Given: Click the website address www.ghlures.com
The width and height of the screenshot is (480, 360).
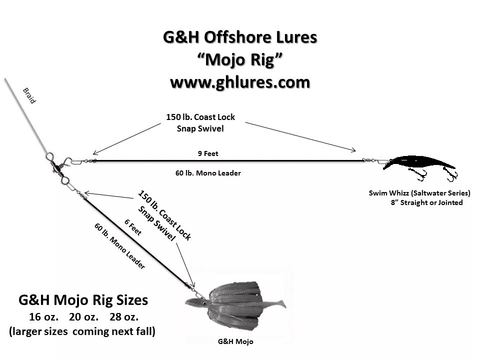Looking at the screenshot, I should coord(240,81).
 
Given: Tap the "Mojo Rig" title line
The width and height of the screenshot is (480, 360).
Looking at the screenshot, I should coord(240,59).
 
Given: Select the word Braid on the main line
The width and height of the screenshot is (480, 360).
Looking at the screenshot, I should coord(29,95).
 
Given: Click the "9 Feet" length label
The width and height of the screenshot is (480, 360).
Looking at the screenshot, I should coord(208,153).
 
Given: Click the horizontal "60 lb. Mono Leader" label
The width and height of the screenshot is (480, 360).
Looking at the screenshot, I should coord(208,173).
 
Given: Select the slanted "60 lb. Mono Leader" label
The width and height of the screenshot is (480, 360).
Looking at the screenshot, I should coord(119,246).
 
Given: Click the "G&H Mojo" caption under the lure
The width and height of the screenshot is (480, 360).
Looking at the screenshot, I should coord(236,342).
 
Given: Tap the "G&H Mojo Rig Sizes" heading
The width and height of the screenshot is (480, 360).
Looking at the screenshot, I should coord(83,300).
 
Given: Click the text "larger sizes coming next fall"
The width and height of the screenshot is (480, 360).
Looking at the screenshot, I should coord(83,331).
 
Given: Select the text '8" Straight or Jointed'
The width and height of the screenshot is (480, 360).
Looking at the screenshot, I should coord(426,203).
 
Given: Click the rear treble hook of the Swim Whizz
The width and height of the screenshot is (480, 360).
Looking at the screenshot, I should coord(452,174).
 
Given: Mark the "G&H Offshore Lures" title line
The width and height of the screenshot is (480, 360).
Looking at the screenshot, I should coord(240,37).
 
